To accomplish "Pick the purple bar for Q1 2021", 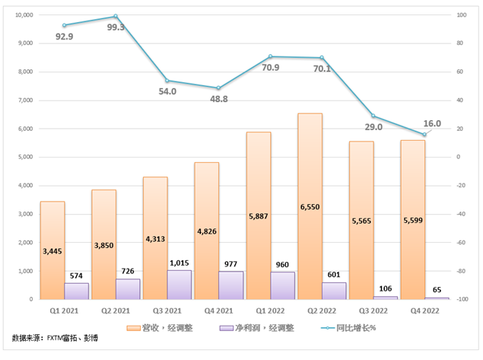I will (77, 291).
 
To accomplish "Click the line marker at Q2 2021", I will (116, 16).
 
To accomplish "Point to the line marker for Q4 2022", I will (424, 135).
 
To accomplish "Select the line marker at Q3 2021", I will (167, 81).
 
